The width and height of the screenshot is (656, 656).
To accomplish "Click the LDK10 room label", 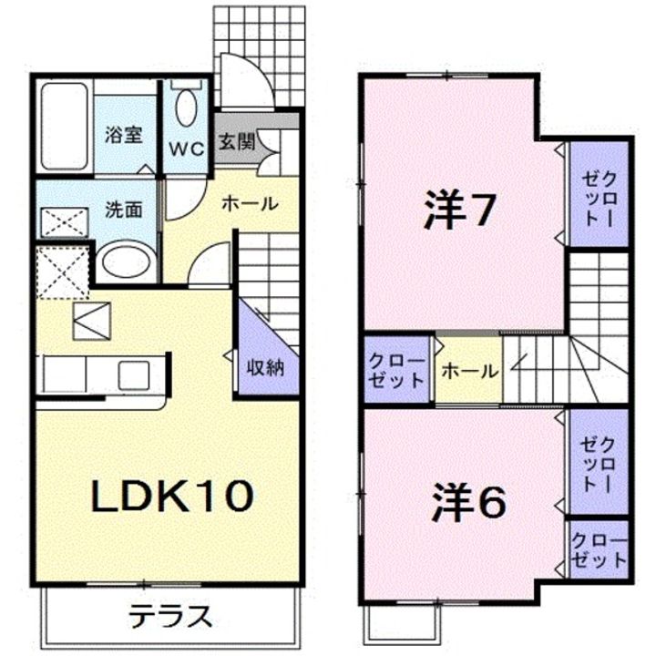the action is tap(172, 496).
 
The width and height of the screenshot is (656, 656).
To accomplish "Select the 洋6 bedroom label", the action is tap(468, 502).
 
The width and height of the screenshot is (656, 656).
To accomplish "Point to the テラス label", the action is tap(169, 616).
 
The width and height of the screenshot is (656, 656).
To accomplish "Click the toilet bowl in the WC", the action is tap(186, 107).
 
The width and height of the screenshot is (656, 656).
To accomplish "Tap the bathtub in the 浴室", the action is tap(65, 126).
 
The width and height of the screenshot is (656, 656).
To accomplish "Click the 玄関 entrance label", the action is tap(237, 143).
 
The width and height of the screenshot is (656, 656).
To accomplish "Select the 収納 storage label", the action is tap(265, 368).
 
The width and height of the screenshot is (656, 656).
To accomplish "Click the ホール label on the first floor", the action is tap(250, 204).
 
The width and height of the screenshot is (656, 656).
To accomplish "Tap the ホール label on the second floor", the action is tap(469, 371).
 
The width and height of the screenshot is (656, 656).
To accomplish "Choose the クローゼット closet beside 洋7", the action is tap(600, 194).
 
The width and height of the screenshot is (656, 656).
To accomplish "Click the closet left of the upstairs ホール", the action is tap(396, 369).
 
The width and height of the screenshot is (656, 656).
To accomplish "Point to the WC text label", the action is tap(187, 149).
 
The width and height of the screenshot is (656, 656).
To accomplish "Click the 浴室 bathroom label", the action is tap(123, 135).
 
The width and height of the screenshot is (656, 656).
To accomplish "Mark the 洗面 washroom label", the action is tap(123, 210).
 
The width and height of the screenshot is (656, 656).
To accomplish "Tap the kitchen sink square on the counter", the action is tap(134, 375).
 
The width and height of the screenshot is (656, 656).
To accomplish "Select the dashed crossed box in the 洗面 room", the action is tap(65, 223).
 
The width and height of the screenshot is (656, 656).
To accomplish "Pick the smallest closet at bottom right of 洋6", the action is tap(600, 548).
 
